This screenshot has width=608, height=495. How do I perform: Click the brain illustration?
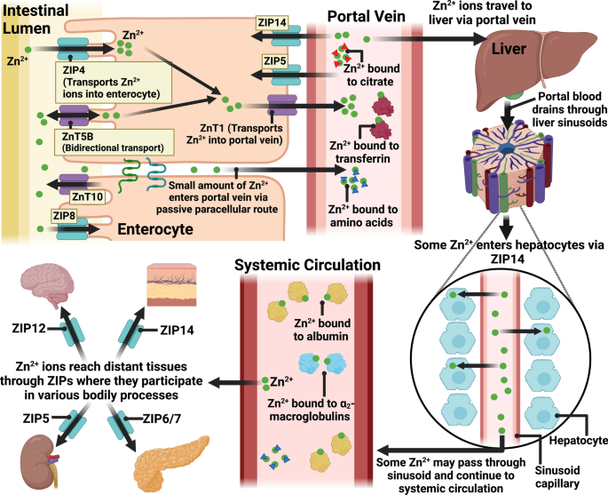(47, 285)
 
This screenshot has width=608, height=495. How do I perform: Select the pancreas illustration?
(170, 463)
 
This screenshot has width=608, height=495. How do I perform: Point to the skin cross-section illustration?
(172, 285)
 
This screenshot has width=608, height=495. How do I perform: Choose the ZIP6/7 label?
(162, 419)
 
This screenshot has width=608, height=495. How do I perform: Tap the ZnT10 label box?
(88, 196)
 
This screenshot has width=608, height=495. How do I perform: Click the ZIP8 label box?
(65, 215)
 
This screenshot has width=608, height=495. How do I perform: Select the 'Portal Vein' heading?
(367, 16)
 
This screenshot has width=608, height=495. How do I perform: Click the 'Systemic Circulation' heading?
(307, 265)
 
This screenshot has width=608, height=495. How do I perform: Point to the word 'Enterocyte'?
(155, 229)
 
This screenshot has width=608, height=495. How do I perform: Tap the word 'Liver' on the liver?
(509, 49)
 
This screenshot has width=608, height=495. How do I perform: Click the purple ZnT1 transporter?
(282, 105)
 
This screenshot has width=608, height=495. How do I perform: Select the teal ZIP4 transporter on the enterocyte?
(73, 49)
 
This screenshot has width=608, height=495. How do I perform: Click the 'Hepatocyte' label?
(578, 441)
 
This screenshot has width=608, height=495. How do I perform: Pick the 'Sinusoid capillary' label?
(557, 477)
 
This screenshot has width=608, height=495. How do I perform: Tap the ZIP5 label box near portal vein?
(275, 61)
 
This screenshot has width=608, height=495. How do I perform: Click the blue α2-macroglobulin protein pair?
(322, 363)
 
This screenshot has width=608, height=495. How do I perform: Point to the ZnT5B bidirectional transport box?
(113, 142)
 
